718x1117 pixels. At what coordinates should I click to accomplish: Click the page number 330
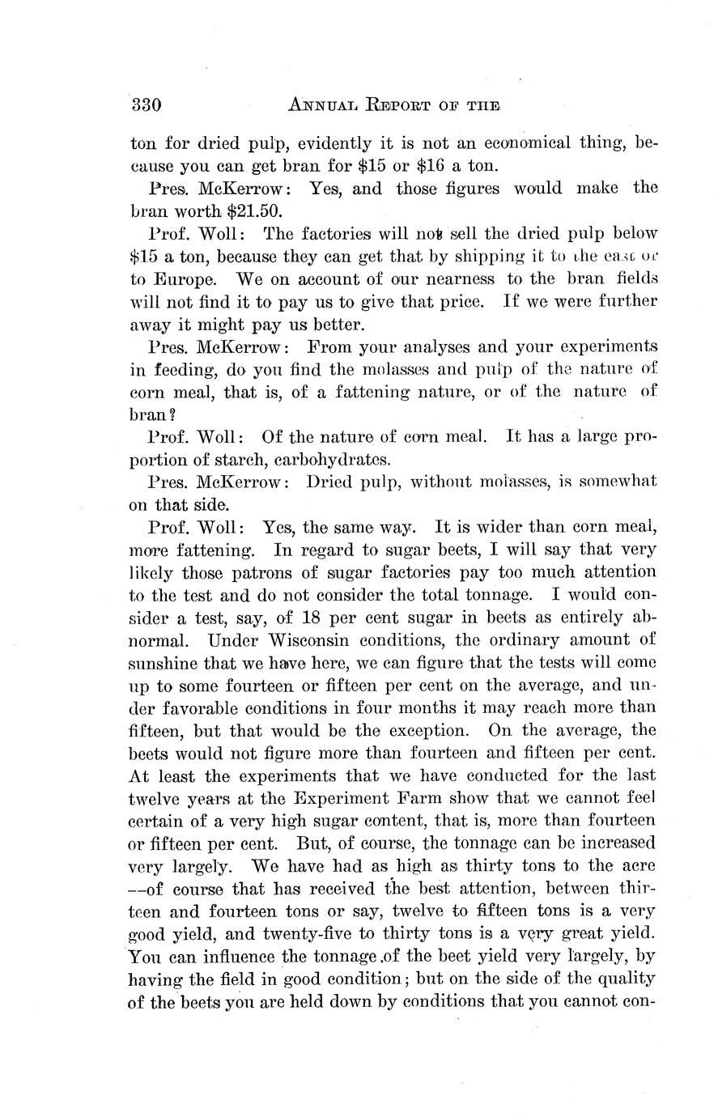(x=147, y=105)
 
